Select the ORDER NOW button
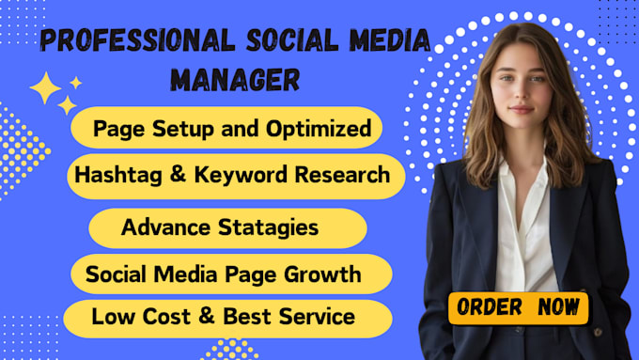519,306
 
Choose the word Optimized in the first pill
319,129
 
